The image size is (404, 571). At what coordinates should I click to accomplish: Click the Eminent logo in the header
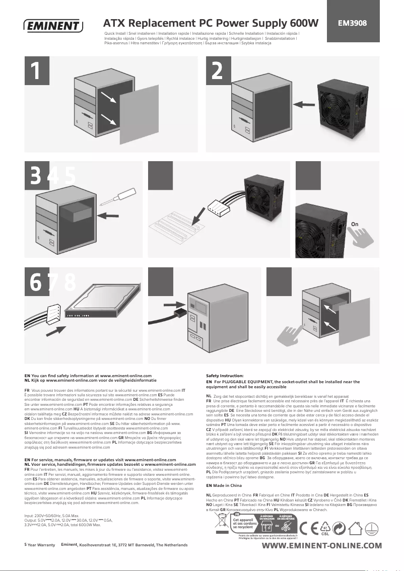[53, 25]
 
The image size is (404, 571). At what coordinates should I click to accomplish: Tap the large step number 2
[218, 72]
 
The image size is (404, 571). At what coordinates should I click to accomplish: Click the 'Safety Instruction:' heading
[225, 376]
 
